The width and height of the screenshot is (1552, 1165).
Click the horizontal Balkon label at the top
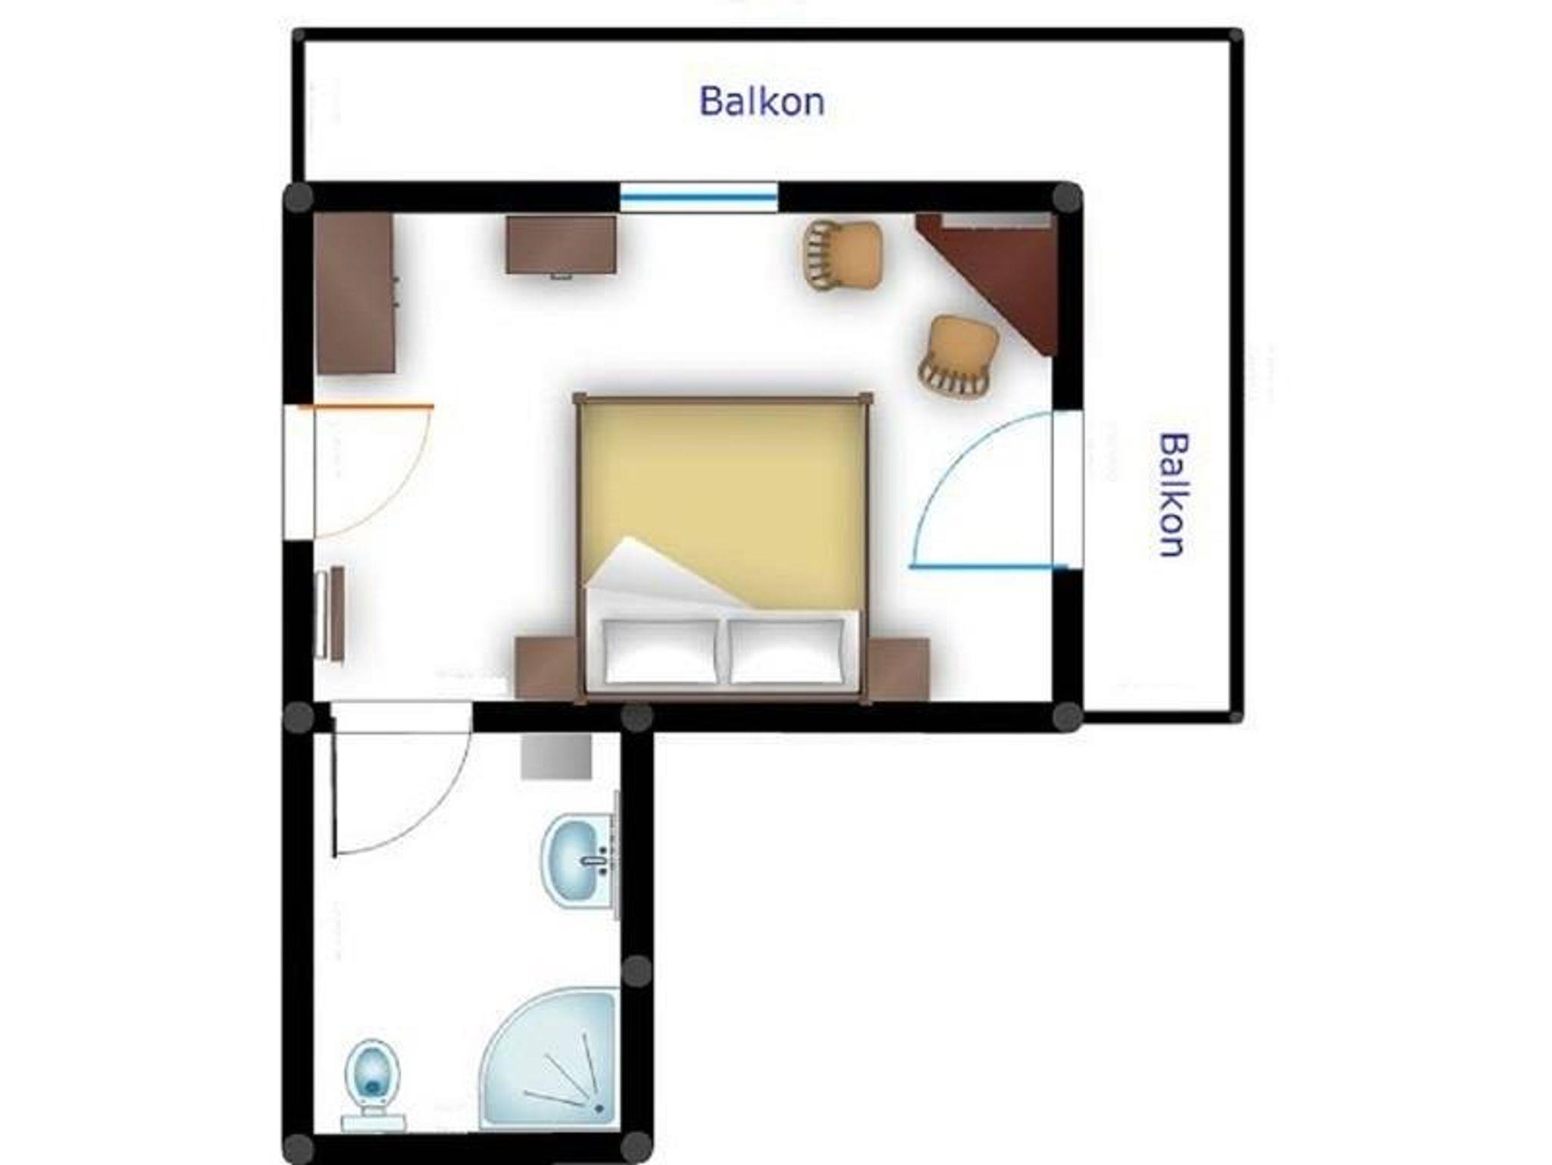(762, 102)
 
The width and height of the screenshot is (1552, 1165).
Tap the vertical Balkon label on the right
(1173, 495)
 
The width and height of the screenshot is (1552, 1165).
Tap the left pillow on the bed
(661, 651)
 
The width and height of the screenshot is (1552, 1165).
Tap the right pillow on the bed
(787, 651)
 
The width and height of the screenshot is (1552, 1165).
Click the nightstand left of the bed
(546, 668)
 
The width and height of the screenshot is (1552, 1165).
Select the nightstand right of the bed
(899, 669)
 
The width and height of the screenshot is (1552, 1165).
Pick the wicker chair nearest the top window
(843, 255)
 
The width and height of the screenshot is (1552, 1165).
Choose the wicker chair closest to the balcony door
(957, 357)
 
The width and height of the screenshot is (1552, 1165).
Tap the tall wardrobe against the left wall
(355, 293)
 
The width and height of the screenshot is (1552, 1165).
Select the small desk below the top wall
(561, 245)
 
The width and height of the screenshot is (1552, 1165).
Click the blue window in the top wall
(699, 198)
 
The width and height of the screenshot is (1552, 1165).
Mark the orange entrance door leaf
(367, 407)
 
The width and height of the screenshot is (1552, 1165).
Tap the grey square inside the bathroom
(556, 756)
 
